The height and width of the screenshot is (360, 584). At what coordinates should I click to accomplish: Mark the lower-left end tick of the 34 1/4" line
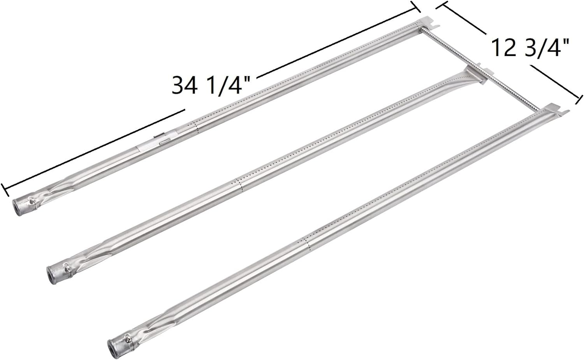click(x=5, y=189)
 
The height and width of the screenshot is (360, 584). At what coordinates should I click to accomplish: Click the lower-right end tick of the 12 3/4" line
click(x=579, y=100)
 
